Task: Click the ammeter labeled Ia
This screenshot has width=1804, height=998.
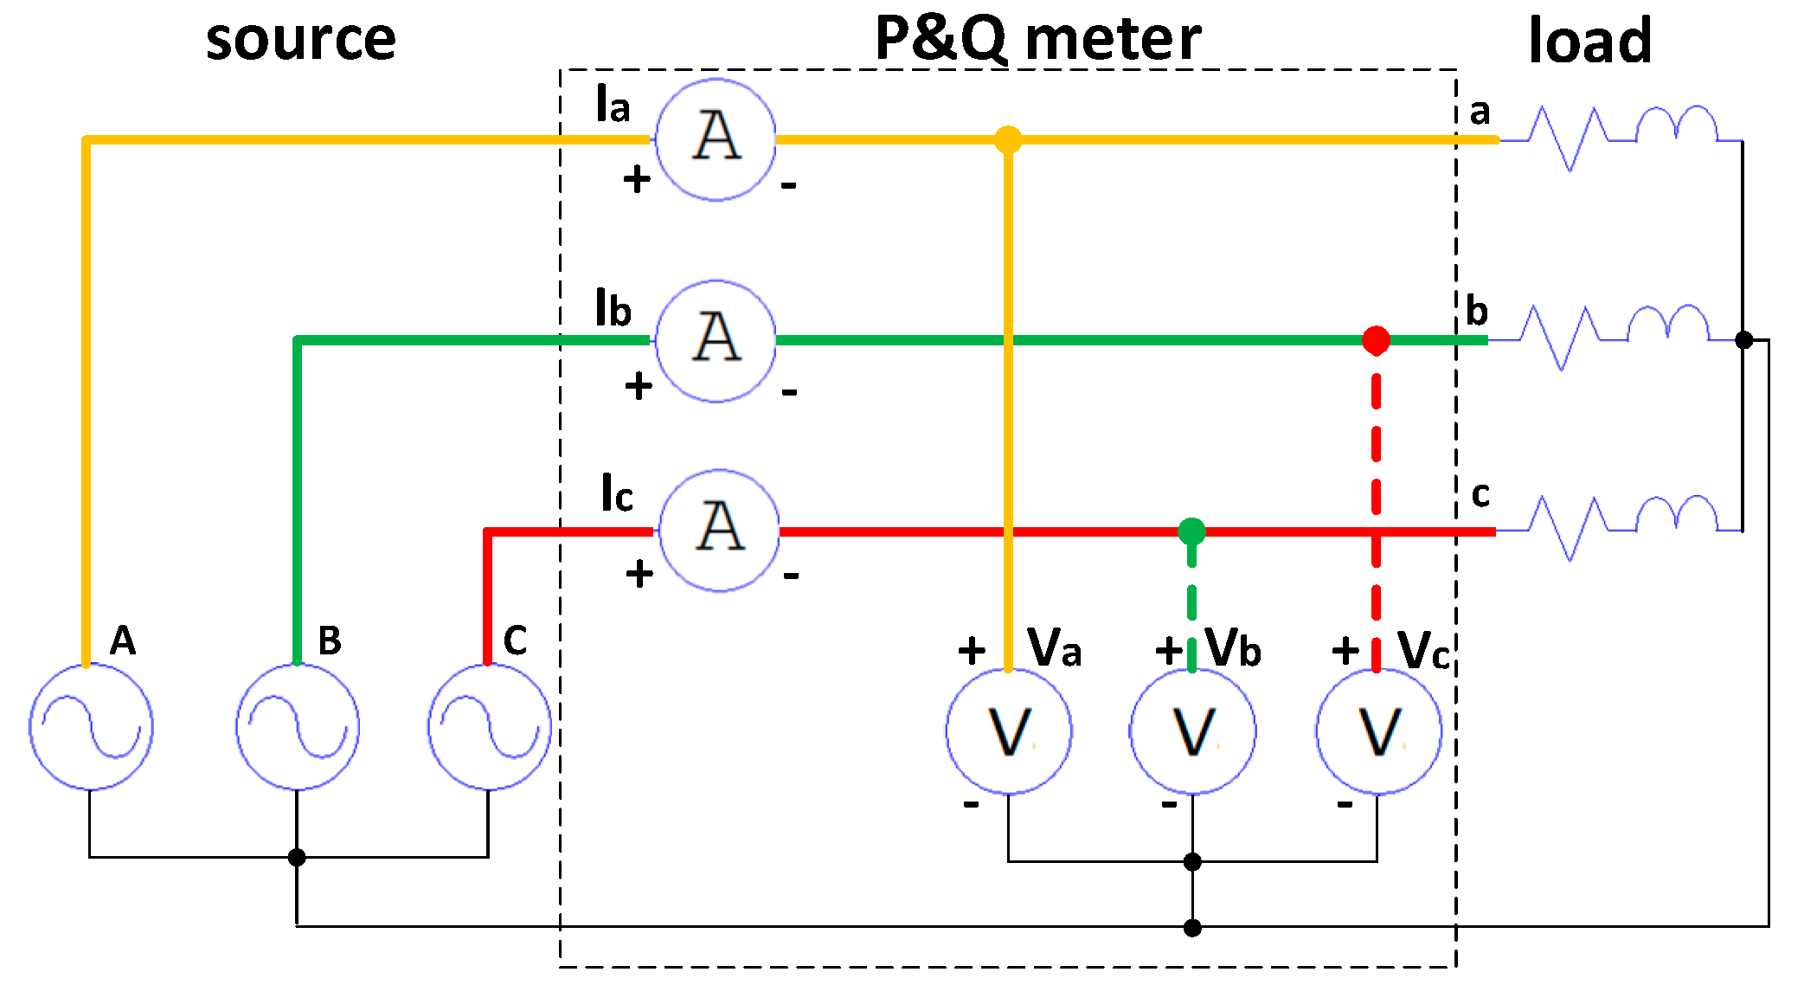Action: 716,139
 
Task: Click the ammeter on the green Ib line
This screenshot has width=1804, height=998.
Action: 716,340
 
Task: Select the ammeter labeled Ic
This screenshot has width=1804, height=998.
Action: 719,531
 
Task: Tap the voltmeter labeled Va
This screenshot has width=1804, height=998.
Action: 1009,731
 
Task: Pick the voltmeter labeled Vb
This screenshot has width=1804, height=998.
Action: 1192,731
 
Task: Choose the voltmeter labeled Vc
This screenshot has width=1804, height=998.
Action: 1378,731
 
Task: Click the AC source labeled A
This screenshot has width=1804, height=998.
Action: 91,726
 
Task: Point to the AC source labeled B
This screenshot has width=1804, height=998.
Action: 298,726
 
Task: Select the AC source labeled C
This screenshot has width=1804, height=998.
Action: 489,726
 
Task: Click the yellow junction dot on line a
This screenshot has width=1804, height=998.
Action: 1008,139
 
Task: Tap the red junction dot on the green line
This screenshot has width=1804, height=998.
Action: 1376,340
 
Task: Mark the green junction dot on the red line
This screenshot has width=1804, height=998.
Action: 1191,531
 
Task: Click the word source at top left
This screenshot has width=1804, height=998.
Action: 300,40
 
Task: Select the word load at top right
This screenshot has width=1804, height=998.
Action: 1589,41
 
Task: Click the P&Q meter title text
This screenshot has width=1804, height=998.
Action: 1037,39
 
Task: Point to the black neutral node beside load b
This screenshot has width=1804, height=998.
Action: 1744,340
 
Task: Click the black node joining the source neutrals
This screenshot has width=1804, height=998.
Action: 297,857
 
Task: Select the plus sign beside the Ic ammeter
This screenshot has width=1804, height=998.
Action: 639,574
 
